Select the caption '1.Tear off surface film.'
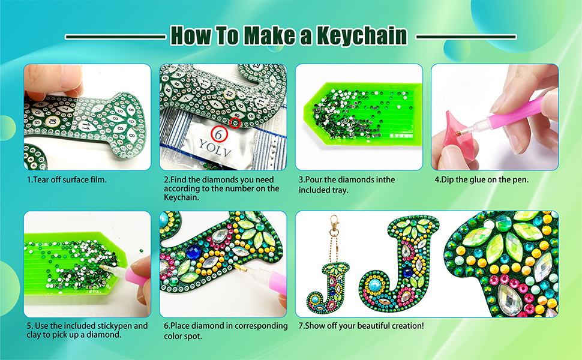[x=66, y=179]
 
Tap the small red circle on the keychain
[x=235, y=123]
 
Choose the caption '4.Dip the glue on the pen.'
[x=481, y=179]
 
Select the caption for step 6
[x=226, y=331]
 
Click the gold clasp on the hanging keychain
[x=331, y=231]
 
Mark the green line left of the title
[x=115, y=37]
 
